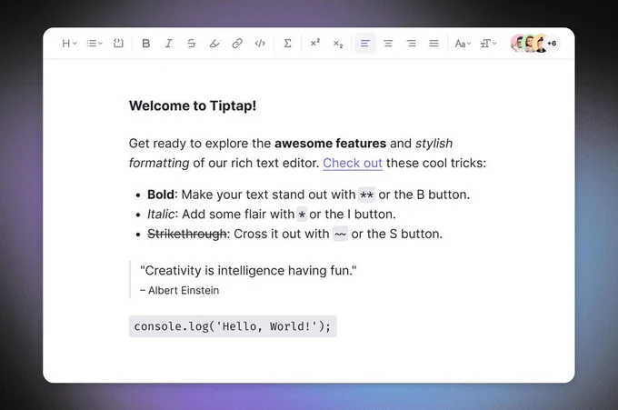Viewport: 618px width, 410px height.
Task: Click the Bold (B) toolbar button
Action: click(145, 44)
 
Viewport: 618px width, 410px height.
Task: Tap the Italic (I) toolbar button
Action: click(169, 44)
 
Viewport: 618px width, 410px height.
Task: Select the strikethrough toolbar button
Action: click(192, 44)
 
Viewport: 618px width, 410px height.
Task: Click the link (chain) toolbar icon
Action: click(237, 44)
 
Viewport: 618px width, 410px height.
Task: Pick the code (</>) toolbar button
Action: click(260, 44)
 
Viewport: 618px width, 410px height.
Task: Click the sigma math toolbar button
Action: click(288, 44)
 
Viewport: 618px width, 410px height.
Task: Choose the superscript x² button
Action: click(315, 43)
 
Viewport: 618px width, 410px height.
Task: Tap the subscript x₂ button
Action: click(338, 44)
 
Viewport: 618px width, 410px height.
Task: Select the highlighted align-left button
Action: click(365, 44)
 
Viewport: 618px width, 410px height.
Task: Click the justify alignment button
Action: click(434, 44)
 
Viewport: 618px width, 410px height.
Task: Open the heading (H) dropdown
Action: click(70, 44)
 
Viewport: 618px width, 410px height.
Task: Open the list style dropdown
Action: click(95, 44)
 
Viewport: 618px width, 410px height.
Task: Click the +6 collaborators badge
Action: click(552, 44)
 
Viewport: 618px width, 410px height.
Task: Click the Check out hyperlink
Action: click(353, 164)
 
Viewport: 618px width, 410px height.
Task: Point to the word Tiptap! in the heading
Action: click(233, 106)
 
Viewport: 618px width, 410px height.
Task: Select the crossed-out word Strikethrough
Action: click(187, 235)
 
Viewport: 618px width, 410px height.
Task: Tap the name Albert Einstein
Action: click(184, 291)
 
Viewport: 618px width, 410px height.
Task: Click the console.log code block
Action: click(233, 326)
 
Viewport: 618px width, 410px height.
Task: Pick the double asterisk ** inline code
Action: click(367, 195)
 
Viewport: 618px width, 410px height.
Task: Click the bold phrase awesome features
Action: click(330, 144)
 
